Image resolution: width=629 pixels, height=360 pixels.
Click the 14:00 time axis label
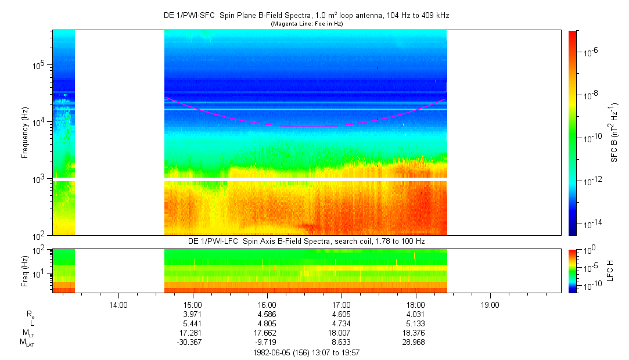coord(118,305)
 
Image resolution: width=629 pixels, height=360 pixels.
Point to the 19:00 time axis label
coord(490,305)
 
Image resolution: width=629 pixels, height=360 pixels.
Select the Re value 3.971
coord(193,314)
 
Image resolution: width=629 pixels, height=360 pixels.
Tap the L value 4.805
coord(267,323)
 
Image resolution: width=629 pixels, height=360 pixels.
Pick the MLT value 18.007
coord(341,333)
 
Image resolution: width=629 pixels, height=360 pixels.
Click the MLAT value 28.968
coord(414,343)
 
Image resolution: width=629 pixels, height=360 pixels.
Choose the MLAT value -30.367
coord(189,343)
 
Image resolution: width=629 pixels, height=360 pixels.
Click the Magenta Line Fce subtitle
coord(307,24)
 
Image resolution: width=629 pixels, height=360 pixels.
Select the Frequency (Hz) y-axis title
coord(25,133)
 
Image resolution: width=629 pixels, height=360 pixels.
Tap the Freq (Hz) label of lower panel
coord(25,271)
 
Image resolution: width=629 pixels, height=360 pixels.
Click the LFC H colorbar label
coord(610,271)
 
